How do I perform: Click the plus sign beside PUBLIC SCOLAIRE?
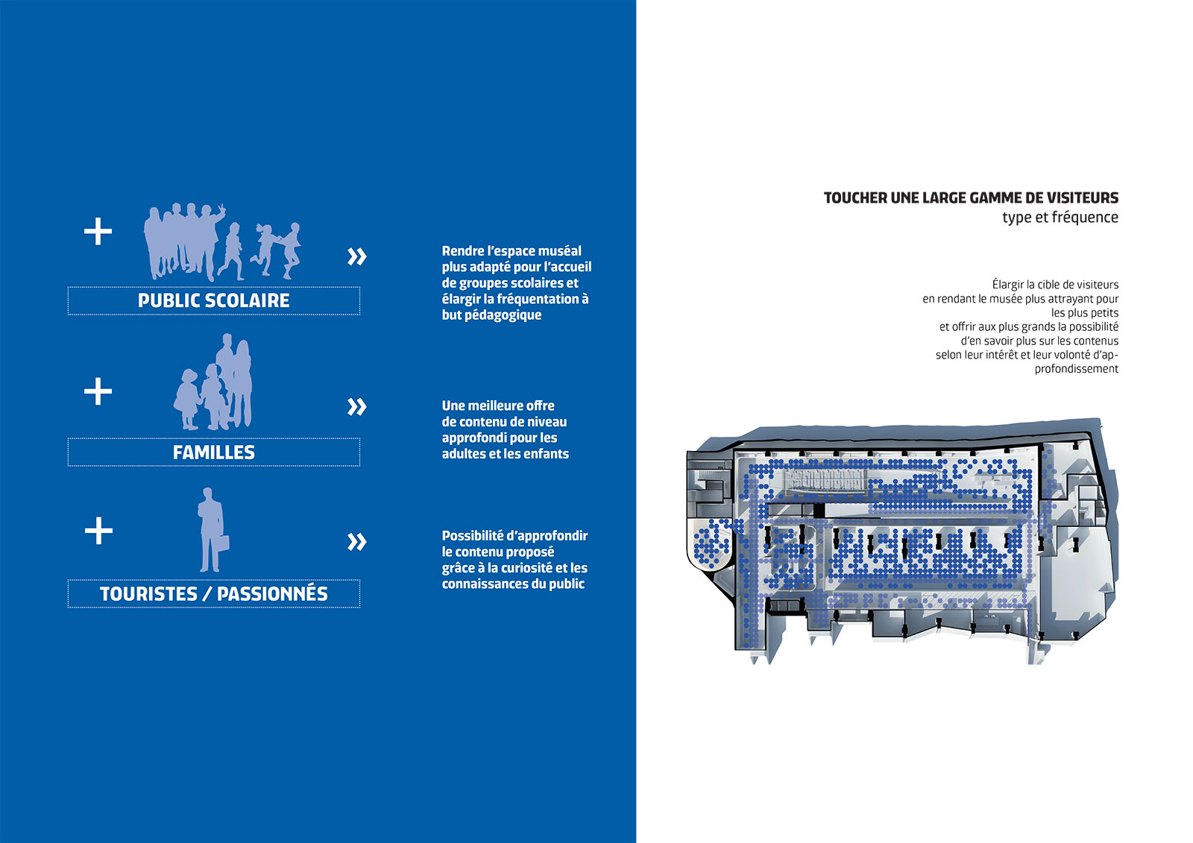[x=98, y=231]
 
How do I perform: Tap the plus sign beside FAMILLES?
[x=98, y=391]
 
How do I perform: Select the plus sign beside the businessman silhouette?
[x=98, y=531]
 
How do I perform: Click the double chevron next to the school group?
[x=357, y=256]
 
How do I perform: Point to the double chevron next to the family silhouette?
[x=357, y=407]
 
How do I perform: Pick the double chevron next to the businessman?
[x=357, y=542]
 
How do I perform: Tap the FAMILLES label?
[x=213, y=452]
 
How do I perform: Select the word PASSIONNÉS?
[x=272, y=593]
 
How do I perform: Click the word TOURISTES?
[x=148, y=594]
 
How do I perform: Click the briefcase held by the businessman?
[x=223, y=543]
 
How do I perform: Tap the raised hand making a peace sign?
[x=221, y=209]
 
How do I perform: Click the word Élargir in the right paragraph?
[x=1006, y=285]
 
